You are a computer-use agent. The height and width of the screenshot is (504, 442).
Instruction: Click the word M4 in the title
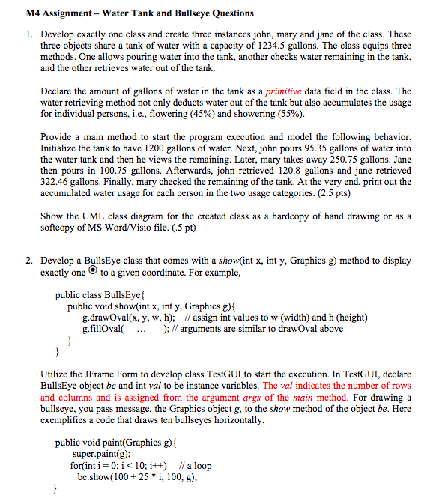pyautogui.click(x=33, y=13)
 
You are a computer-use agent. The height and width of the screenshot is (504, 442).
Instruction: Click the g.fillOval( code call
pyautogui.click(x=103, y=329)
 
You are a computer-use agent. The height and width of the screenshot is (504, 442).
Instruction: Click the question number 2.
pyautogui.click(x=28, y=261)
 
